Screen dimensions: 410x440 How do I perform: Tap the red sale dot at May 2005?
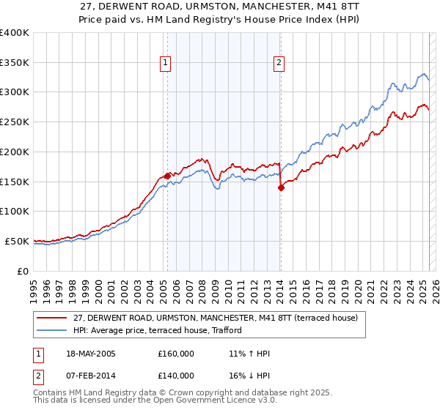[x=167, y=176]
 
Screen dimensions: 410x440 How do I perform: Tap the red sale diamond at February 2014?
[x=281, y=187]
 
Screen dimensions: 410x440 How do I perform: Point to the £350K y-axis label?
[x=15, y=63]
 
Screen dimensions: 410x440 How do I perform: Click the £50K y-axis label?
[x=18, y=241]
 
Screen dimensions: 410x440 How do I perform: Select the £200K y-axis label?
[x=15, y=152]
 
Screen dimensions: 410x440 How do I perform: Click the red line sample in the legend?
[x=51, y=318]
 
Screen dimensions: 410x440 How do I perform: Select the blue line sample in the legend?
[x=51, y=331]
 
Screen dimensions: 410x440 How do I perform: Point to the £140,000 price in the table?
[x=176, y=376]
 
